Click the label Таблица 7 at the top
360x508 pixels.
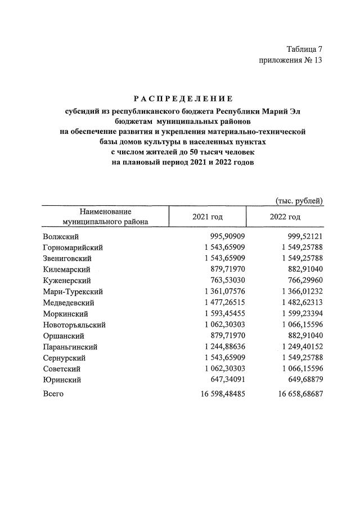click(x=304, y=49)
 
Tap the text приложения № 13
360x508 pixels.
click(x=291, y=60)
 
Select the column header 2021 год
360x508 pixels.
click(x=207, y=217)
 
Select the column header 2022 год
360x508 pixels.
click(x=285, y=217)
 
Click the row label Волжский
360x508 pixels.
click(x=60, y=237)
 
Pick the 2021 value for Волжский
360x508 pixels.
click(x=225, y=237)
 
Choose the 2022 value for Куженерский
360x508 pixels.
click(x=303, y=281)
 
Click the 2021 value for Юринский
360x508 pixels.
click(x=225, y=380)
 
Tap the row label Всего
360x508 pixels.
click(x=53, y=394)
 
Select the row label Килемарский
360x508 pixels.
click(x=66, y=270)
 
